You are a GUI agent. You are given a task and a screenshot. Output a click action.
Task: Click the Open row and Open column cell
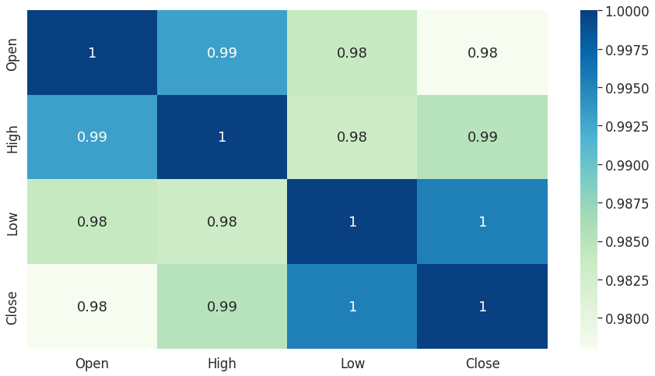click(x=92, y=53)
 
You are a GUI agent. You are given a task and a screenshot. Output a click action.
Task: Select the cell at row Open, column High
click(x=222, y=53)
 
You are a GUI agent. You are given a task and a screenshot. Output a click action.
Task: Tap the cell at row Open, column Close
click(x=482, y=53)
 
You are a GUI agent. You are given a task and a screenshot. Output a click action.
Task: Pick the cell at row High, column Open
click(x=92, y=137)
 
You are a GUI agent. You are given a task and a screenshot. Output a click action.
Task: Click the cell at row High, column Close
click(x=482, y=137)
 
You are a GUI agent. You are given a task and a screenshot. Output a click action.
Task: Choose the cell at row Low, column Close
click(x=482, y=222)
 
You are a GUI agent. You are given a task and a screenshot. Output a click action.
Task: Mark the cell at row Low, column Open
click(x=92, y=222)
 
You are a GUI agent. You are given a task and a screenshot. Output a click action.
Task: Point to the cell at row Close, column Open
click(x=92, y=306)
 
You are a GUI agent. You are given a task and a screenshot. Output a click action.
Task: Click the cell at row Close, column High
click(x=222, y=306)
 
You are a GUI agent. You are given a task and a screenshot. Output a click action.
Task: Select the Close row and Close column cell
click(x=482, y=306)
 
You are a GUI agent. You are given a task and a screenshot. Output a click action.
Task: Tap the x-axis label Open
click(x=92, y=364)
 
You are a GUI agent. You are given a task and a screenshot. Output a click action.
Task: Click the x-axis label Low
click(x=352, y=364)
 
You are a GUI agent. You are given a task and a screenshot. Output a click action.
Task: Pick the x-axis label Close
click(x=482, y=364)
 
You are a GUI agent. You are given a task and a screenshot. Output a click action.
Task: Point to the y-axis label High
click(x=12, y=137)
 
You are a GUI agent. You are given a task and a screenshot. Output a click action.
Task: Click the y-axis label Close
click(x=12, y=306)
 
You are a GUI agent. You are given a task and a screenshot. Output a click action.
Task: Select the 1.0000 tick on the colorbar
click(x=627, y=12)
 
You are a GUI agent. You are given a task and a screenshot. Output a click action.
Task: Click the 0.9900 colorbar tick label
click(x=627, y=165)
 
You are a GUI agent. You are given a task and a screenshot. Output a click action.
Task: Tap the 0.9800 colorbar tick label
click(x=627, y=318)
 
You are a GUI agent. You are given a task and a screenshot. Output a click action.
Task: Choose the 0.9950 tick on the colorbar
click(x=627, y=89)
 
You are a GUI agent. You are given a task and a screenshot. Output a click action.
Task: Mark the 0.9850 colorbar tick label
click(x=627, y=242)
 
